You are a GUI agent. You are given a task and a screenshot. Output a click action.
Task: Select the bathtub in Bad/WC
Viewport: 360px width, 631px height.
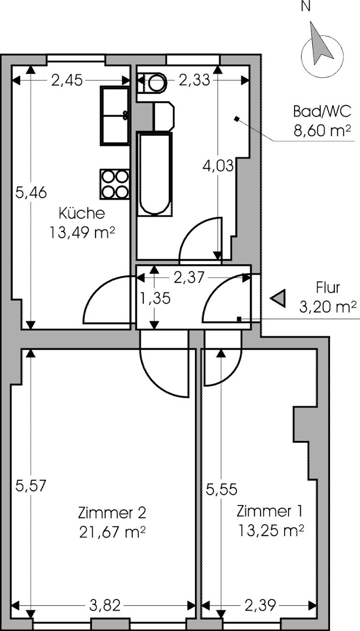pyautogui.click(x=155, y=175)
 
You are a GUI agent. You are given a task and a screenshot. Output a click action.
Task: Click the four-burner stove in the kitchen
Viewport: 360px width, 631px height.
pyautogui.click(x=114, y=184)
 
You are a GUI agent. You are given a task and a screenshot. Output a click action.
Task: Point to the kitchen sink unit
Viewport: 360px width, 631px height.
pyautogui.click(x=115, y=116)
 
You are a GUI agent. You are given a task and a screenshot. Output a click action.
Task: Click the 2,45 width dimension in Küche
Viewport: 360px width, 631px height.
pyautogui.click(x=67, y=81)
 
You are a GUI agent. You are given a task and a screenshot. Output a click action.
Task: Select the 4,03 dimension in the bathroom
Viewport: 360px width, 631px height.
pyautogui.click(x=218, y=166)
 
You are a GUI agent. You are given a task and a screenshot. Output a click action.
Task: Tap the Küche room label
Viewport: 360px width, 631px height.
pyautogui.click(x=82, y=214)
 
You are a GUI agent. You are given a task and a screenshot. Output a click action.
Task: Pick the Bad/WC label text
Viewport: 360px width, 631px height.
pyautogui.click(x=322, y=112)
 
